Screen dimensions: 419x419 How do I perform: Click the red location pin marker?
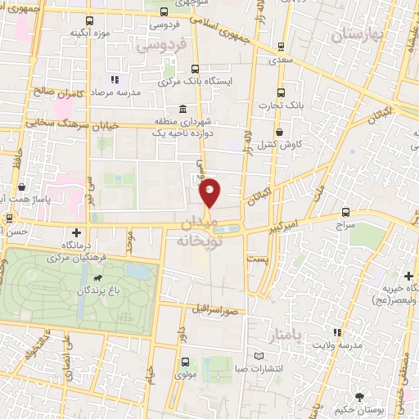click(x=210, y=192)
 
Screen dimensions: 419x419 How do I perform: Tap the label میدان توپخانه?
click(x=196, y=232)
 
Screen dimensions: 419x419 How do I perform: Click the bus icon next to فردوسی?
click(x=164, y=12)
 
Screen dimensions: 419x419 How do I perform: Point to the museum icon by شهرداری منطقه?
click(x=182, y=109)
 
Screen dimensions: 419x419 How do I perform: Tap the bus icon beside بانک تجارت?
click(x=281, y=92)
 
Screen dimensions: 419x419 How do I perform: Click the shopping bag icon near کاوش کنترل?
click(x=281, y=132)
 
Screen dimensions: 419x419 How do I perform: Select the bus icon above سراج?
click(x=345, y=210)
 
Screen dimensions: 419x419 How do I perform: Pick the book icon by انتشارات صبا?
click(x=259, y=357)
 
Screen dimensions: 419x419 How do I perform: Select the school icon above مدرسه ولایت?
click(x=336, y=331)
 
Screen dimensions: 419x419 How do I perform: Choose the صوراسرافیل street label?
click(x=214, y=311)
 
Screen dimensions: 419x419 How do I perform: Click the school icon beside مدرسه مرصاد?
click(x=115, y=80)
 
